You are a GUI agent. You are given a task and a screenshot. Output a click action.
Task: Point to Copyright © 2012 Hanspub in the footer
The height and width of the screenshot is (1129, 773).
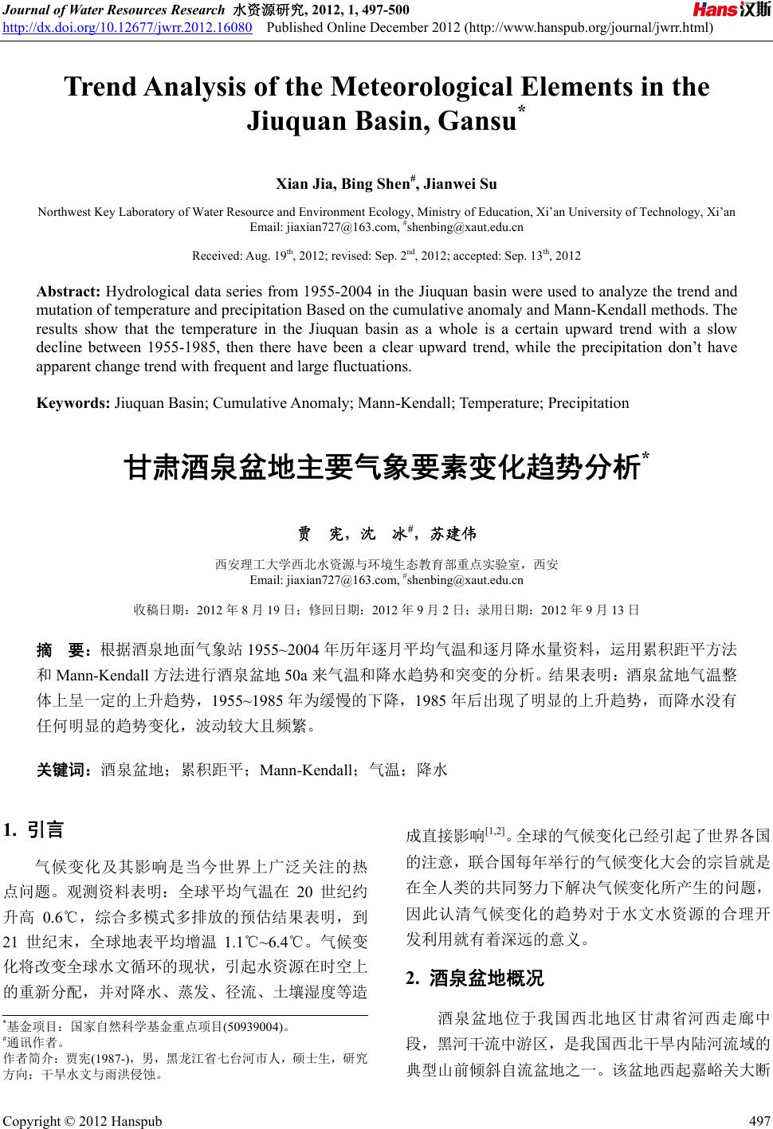click(83, 1120)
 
